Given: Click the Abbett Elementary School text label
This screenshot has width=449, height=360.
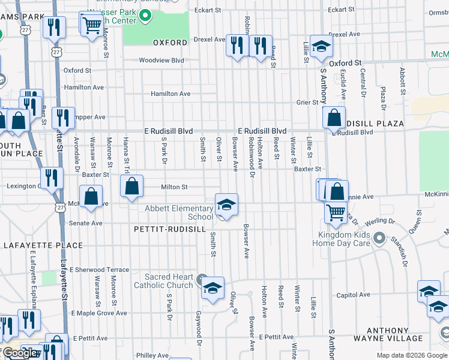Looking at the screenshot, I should pyautogui.click(x=179, y=212).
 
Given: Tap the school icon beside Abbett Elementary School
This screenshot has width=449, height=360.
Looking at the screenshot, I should pyautogui.click(x=226, y=205).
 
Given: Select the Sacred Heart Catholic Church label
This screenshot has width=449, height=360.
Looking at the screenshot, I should pyautogui.click(x=169, y=281).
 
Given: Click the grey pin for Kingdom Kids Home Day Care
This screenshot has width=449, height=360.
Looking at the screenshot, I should pyautogui.click(x=379, y=239).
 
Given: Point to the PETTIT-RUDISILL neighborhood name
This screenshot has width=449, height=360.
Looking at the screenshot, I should pyautogui.click(x=170, y=229).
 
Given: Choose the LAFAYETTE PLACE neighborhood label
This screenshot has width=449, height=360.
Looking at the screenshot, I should pyautogui.click(x=43, y=245).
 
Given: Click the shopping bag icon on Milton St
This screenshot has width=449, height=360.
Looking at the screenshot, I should pyautogui.click(x=131, y=187).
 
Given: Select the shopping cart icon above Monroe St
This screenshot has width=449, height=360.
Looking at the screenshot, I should pyautogui.click(x=92, y=25).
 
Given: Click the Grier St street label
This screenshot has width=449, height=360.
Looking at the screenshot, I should pyautogui.click(x=307, y=103).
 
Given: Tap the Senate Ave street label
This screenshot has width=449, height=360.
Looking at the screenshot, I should pyautogui.click(x=88, y=223).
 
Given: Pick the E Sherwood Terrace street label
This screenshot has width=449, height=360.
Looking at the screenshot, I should pyautogui.click(x=100, y=270).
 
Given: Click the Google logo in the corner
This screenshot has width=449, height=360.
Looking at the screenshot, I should pyautogui.click(x=19, y=353).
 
